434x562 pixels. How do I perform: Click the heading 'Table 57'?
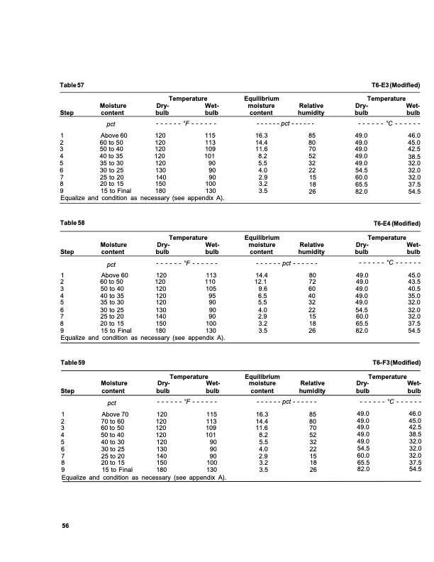click(72, 85)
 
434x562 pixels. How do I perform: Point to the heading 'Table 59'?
click(72, 363)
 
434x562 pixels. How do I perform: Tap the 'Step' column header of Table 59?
click(69, 390)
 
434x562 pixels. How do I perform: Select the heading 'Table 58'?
click(72, 224)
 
